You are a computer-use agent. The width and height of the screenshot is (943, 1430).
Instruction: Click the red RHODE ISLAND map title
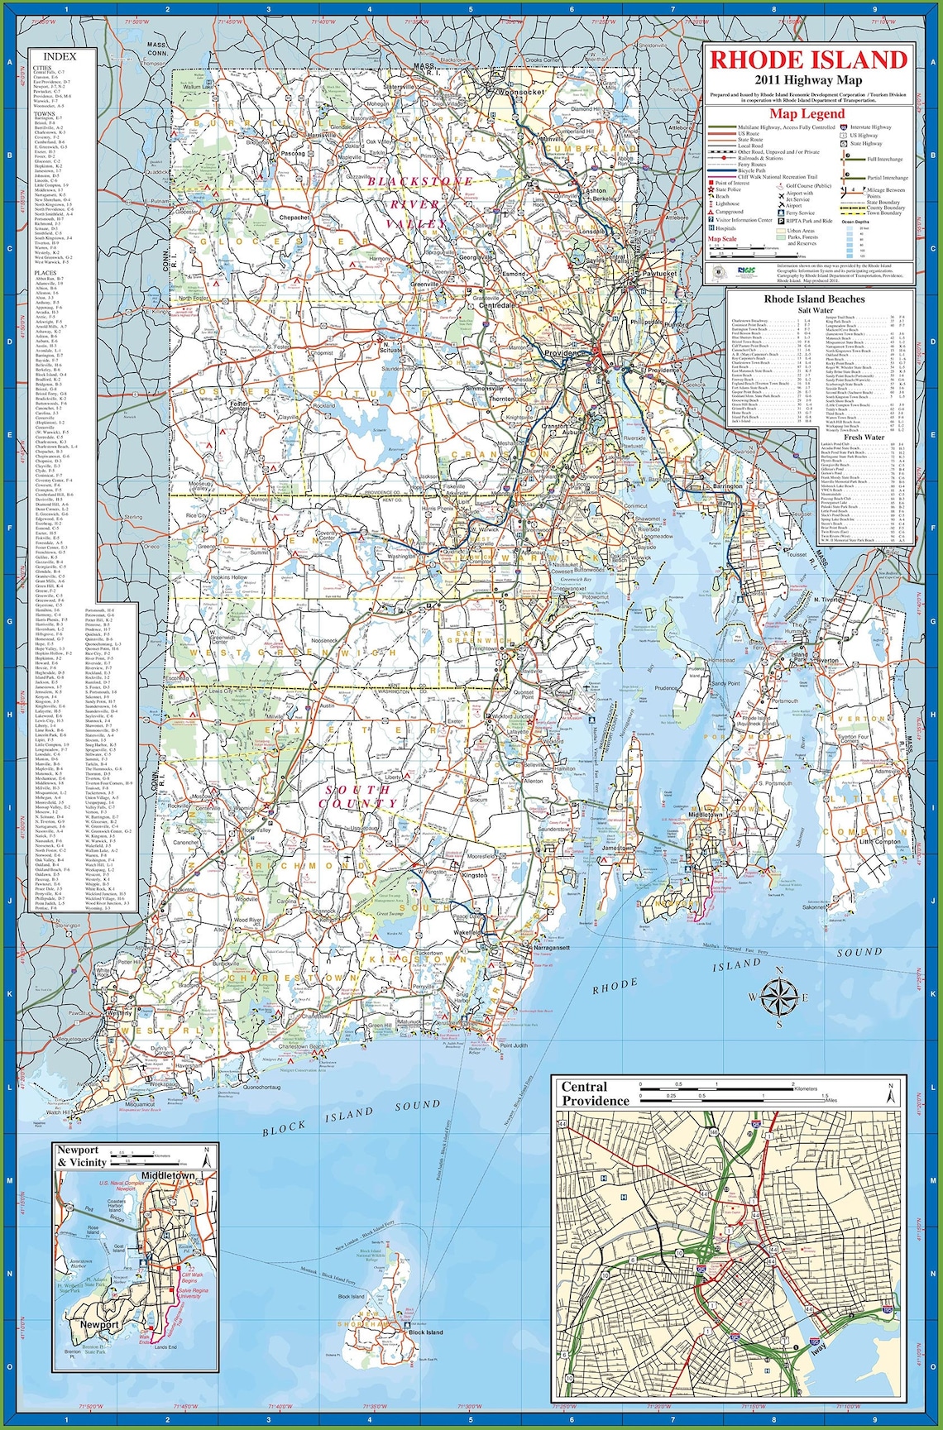point(808,60)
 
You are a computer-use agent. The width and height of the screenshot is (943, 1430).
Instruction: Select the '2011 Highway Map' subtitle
point(807,80)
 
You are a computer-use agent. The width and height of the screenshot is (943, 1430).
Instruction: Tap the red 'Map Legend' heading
point(807,114)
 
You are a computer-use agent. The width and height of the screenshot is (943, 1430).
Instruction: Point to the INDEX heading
point(60,57)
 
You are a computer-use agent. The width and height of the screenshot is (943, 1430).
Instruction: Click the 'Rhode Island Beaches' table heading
point(814,299)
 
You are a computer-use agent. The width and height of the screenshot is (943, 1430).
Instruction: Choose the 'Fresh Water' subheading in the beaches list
point(864,437)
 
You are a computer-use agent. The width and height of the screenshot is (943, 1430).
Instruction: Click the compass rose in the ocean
point(778,997)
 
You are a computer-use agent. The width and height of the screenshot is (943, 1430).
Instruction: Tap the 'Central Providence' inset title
point(596,1093)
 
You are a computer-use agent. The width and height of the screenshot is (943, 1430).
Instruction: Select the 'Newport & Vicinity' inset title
point(82,1155)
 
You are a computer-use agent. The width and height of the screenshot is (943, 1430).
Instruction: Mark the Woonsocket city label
point(521,92)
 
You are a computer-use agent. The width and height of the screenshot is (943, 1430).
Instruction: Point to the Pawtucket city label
point(660,273)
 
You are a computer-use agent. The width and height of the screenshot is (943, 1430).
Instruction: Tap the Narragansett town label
point(552,947)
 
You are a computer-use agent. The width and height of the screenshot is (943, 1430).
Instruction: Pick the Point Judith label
point(514,1045)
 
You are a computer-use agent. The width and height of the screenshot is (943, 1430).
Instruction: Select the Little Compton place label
point(879,841)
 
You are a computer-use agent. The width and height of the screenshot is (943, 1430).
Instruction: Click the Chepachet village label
point(294,218)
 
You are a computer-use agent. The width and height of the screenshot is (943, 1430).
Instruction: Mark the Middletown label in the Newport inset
point(168,1175)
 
